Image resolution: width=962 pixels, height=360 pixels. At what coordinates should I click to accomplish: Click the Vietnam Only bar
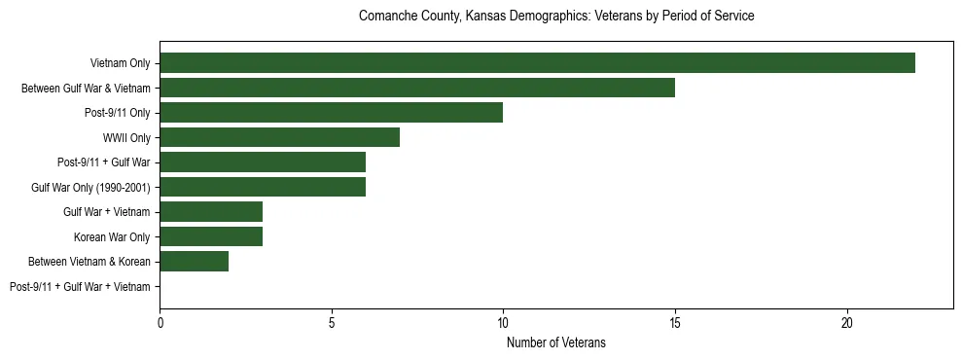click(x=537, y=63)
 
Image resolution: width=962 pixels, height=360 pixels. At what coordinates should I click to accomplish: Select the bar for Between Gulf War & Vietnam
click(x=417, y=88)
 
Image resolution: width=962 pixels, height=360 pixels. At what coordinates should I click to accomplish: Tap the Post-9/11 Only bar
click(x=331, y=113)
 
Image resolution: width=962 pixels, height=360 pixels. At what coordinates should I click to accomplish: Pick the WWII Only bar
click(x=279, y=137)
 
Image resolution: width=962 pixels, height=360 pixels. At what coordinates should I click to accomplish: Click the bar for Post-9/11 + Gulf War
click(x=263, y=162)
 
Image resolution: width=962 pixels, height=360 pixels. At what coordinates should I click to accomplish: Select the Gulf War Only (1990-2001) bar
click(x=263, y=187)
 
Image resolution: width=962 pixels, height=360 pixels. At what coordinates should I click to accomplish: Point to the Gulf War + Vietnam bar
click(x=211, y=211)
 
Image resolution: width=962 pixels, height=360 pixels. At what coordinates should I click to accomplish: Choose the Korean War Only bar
click(x=211, y=236)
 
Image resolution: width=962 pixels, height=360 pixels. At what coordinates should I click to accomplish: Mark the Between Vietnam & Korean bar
click(x=194, y=261)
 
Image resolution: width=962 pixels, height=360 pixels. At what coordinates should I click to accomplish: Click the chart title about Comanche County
click(x=556, y=17)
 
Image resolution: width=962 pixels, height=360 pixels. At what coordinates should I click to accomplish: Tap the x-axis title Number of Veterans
click(x=556, y=342)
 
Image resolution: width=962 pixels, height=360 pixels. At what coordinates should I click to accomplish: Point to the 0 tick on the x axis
click(x=160, y=322)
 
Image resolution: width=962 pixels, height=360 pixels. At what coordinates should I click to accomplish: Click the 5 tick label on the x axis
click(x=332, y=322)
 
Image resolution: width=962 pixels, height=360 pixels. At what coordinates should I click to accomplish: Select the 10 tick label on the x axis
click(x=503, y=322)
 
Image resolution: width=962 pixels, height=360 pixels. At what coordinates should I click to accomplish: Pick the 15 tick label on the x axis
click(x=675, y=322)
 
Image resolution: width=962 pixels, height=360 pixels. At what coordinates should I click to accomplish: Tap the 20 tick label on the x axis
click(x=847, y=322)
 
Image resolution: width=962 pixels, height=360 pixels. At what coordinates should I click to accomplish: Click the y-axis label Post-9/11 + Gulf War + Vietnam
click(x=80, y=287)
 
